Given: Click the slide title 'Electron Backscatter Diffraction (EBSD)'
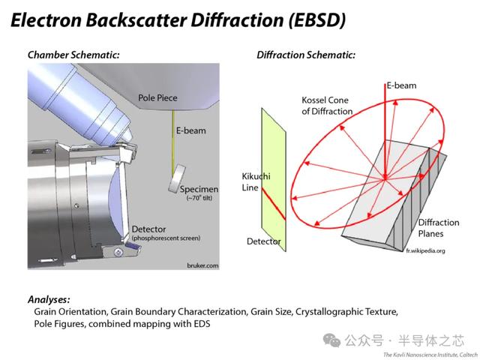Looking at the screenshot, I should tap(178, 20).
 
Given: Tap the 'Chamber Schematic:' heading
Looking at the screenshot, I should tap(73, 55).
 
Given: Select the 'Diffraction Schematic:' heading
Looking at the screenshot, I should tap(306, 55).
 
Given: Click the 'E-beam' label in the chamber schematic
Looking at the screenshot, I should tap(190, 130).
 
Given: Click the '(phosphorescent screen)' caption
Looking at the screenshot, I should tap(165, 238).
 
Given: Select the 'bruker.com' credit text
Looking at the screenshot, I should tap(200, 265).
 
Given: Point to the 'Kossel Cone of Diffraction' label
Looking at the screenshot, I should tap(326, 106).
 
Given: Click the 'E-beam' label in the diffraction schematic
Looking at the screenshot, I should tap(402, 86).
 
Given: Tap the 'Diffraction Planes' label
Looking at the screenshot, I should tap(438, 227).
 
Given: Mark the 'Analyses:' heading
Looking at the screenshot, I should tap(49, 298).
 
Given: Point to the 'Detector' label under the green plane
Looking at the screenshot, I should tap(264, 241).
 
